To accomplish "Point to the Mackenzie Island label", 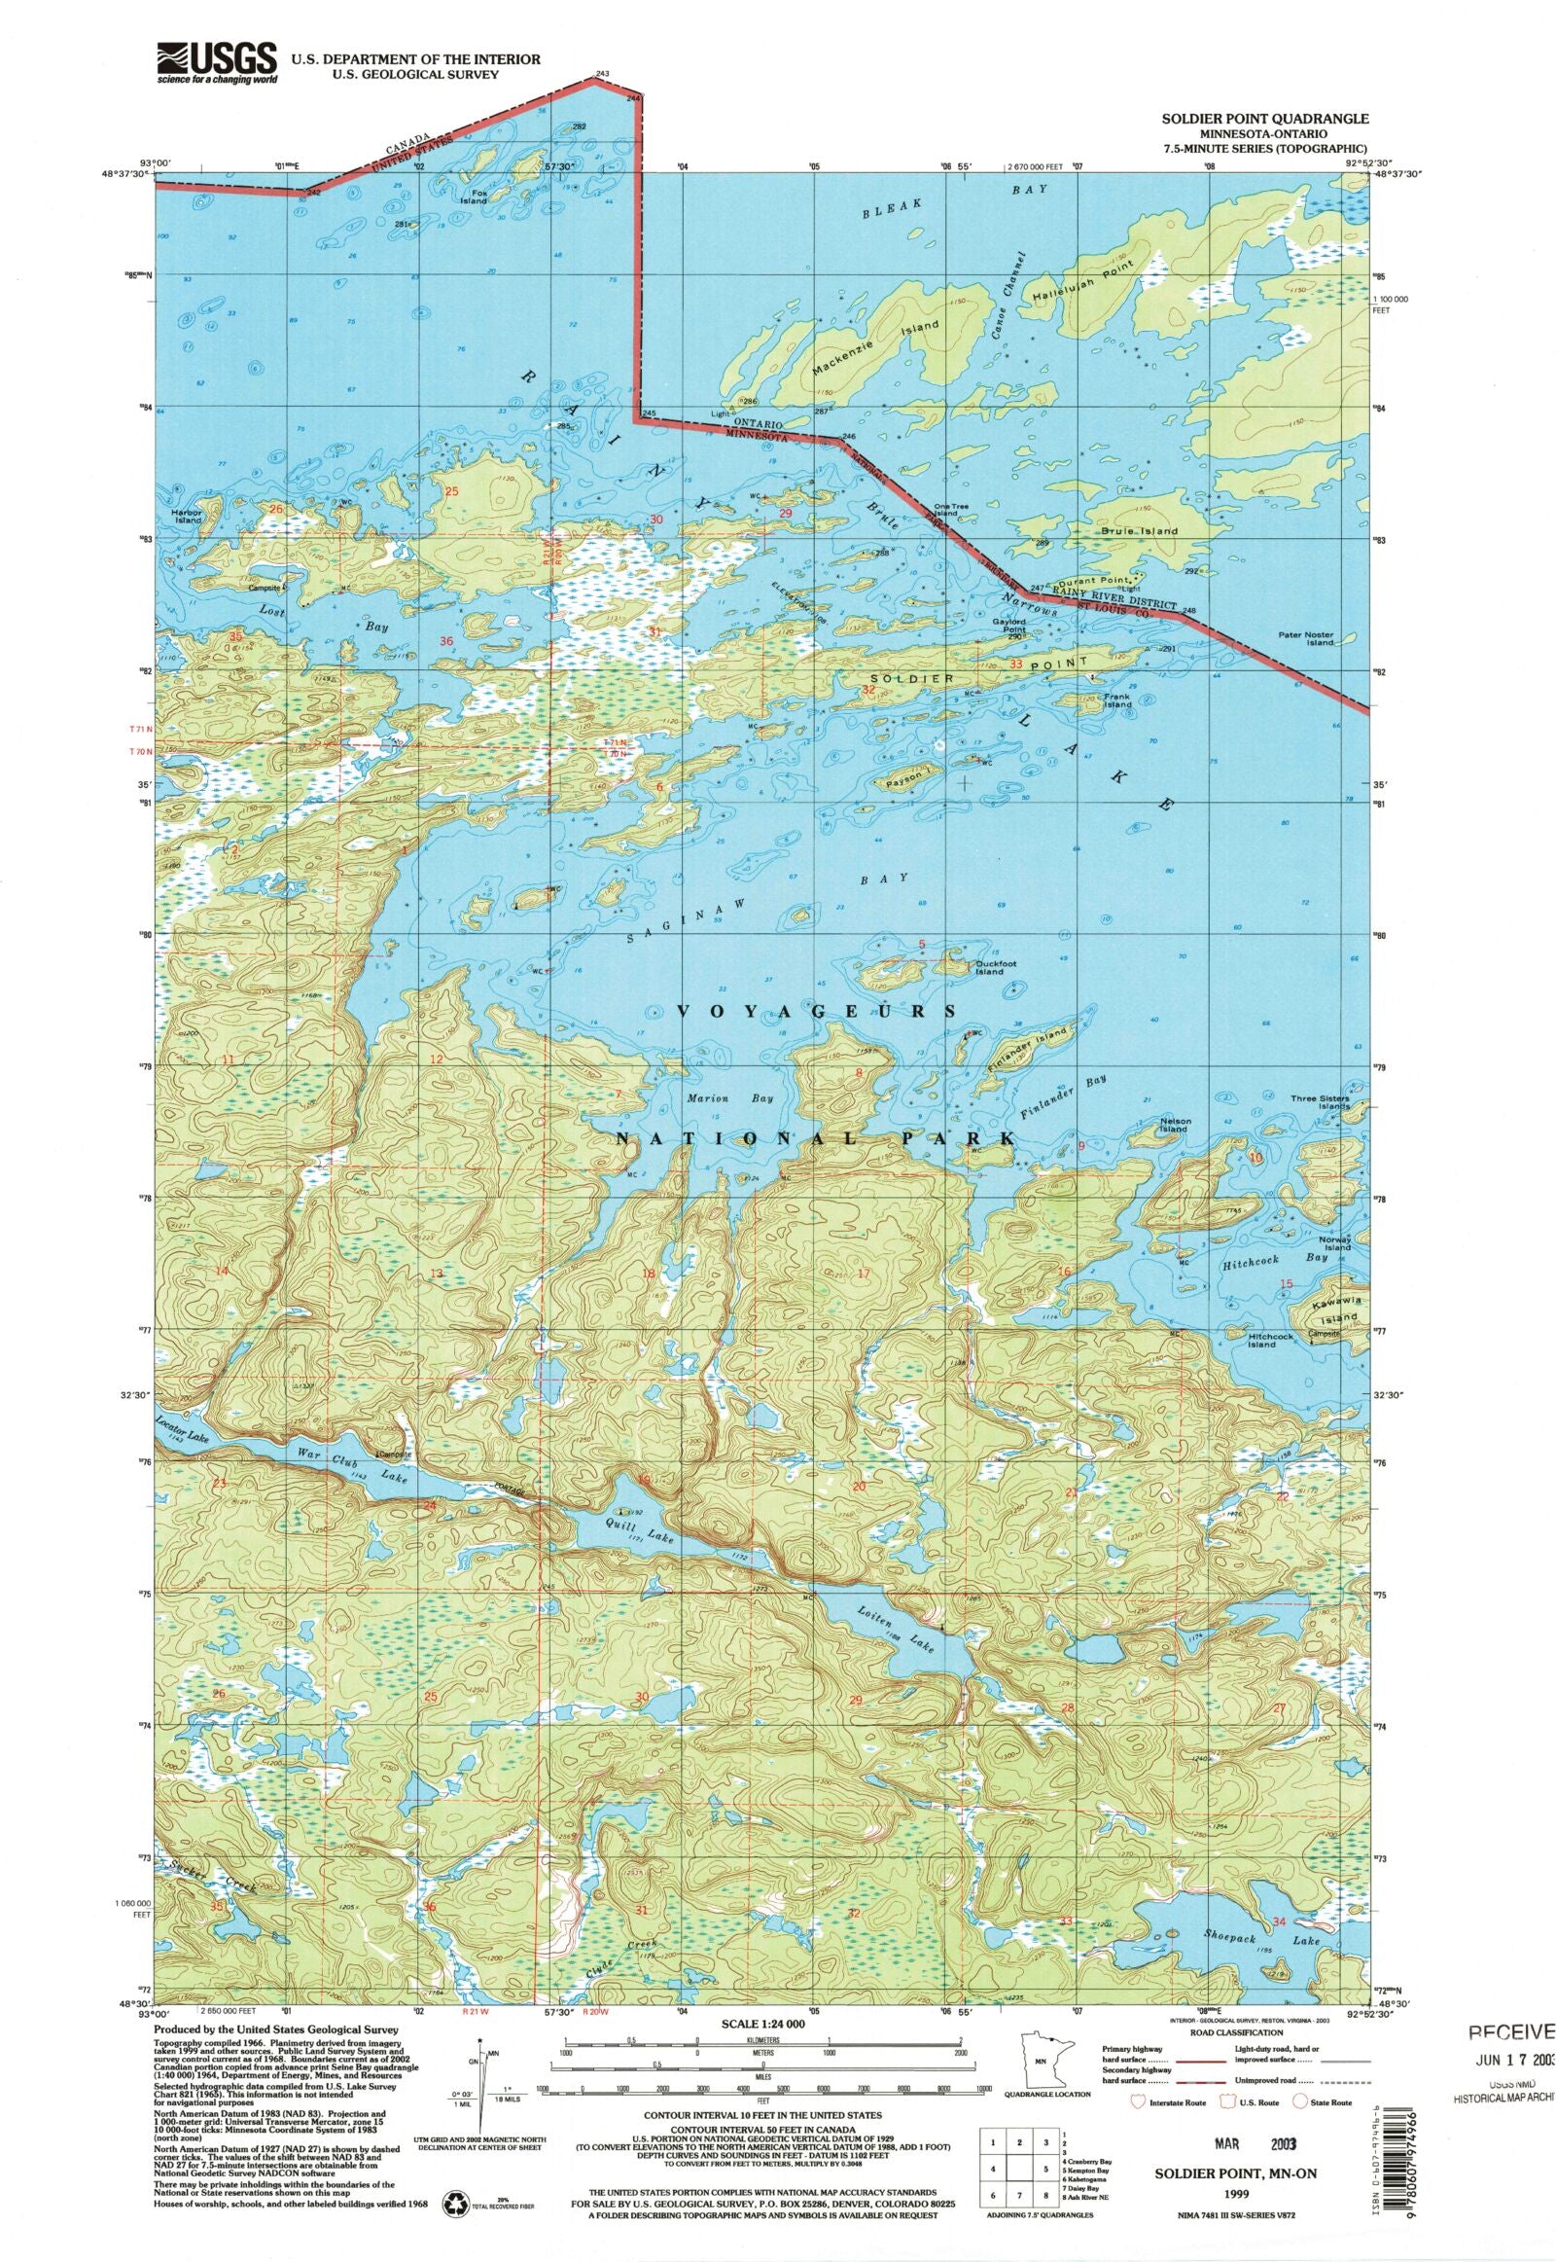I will (874, 347).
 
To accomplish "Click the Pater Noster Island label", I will (1305, 639).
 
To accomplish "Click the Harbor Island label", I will (187, 516).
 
